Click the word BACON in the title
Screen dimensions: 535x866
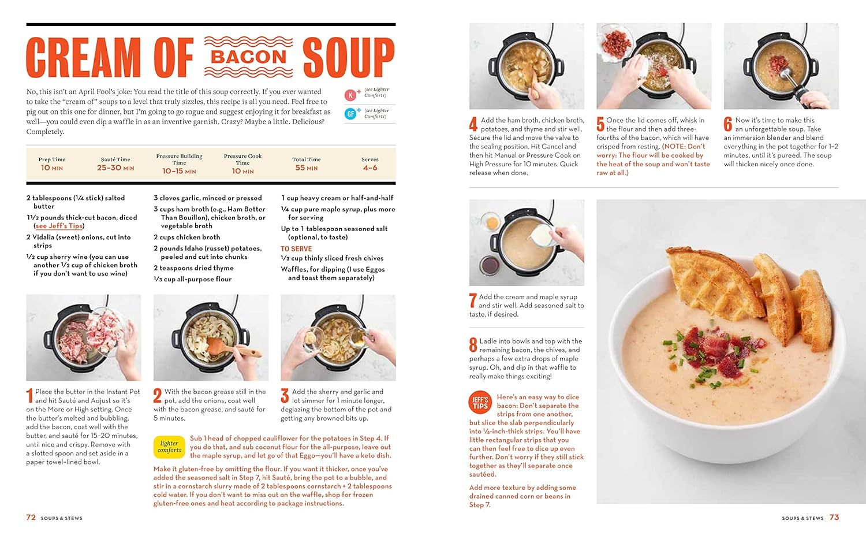[x=248, y=57]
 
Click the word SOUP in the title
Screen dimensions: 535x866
[x=348, y=57]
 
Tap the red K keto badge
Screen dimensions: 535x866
[x=350, y=95]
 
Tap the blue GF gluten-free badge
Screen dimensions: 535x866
[x=350, y=114]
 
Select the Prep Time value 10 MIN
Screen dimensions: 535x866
[x=51, y=168]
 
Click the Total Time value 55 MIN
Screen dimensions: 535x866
[x=306, y=168]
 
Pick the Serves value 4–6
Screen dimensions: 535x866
[x=370, y=168]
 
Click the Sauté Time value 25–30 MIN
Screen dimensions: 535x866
[x=115, y=168]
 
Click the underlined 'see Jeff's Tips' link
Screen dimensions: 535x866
[x=59, y=226]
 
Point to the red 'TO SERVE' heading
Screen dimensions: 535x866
[x=296, y=248]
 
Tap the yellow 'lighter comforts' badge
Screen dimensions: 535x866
[x=169, y=447]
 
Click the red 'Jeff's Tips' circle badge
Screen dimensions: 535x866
[x=480, y=403]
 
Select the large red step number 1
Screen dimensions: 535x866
[x=29, y=396]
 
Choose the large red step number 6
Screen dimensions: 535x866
[x=728, y=124]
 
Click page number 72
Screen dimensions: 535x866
[x=31, y=517]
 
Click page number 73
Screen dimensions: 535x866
[x=834, y=517]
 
